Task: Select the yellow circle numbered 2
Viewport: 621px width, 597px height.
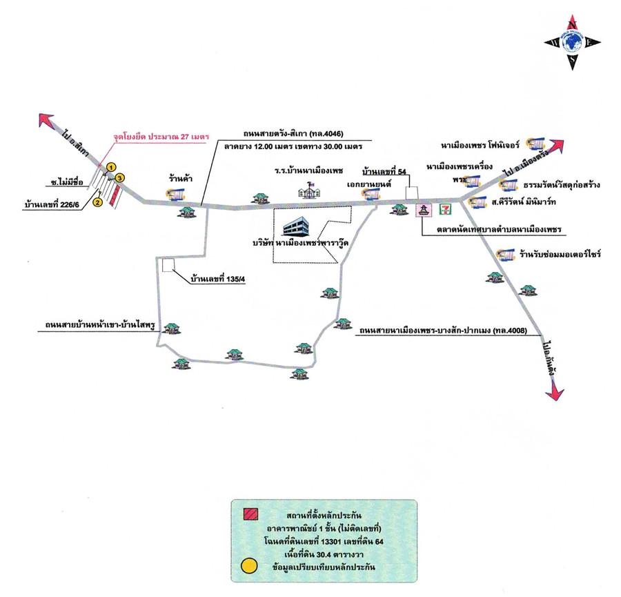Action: point(98,202)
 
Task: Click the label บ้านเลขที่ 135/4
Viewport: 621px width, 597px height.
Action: point(218,280)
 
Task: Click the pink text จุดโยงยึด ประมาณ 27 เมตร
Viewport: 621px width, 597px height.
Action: point(161,137)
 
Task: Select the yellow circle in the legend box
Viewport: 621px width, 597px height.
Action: point(249,567)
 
